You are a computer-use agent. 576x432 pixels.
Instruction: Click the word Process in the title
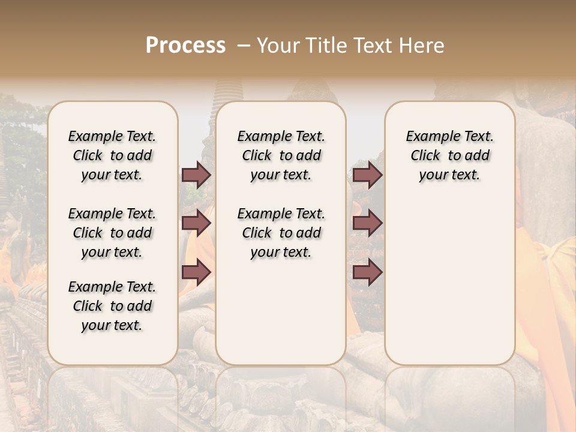(185, 46)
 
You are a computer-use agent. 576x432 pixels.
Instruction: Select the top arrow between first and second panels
(196, 175)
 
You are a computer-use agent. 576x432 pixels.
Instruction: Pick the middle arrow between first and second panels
(196, 223)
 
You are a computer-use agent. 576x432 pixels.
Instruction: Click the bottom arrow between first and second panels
(196, 272)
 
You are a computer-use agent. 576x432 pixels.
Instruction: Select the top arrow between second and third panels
(367, 175)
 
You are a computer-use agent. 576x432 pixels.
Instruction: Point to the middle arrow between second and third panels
(367, 223)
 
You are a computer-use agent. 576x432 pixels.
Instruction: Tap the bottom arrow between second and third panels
(367, 272)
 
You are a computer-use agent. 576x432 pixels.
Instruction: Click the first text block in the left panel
(112, 155)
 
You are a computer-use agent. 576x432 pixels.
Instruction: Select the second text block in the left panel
(112, 233)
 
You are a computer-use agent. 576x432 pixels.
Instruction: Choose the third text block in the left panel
(112, 306)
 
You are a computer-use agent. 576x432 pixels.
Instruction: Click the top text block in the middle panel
(281, 155)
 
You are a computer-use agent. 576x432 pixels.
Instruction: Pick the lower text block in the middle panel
(281, 233)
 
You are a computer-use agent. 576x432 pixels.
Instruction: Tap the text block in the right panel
(449, 155)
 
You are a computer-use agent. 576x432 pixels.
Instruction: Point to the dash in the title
(244, 46)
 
